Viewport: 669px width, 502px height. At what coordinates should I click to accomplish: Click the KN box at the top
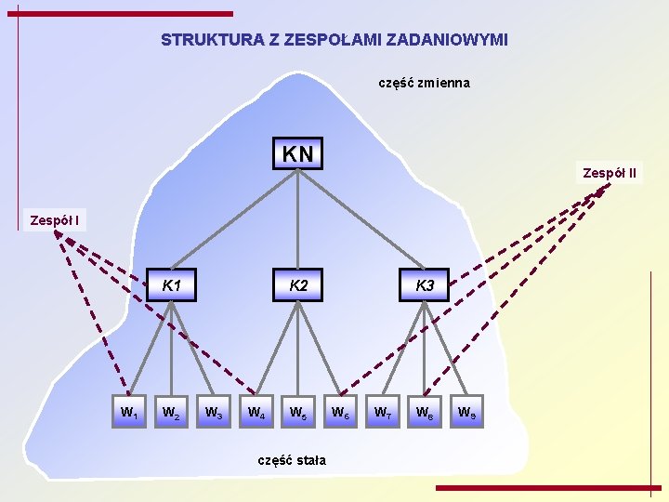coord(297,153)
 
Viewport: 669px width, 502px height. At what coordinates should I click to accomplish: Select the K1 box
coord(172,285)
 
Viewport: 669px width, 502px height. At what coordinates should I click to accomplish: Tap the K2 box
coord(297,285)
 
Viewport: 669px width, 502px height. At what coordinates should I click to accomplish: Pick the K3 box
coord(425,285)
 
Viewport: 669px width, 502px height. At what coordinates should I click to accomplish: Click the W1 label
coord(128,410)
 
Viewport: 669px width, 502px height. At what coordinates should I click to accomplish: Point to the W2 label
coord(171,410)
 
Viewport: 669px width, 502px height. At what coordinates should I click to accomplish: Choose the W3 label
coord(213,410)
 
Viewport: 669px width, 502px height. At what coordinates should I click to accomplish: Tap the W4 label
coord(256,410)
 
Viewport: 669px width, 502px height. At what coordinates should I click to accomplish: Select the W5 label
coord(297,410)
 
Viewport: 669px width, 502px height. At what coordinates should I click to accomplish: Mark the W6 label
coord(340,410)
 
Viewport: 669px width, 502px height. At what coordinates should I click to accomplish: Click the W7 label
coord(382,410)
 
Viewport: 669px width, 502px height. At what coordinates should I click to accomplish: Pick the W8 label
coord(425,410)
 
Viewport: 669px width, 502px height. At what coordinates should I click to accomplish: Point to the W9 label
coord(466,410)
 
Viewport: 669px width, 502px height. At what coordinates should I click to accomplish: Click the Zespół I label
coord(54,220)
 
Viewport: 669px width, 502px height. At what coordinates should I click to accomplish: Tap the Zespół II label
coord(610,173)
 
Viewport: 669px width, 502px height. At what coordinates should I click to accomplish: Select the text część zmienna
coord(424,83)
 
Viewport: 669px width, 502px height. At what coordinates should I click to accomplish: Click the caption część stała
coord(292,459)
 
